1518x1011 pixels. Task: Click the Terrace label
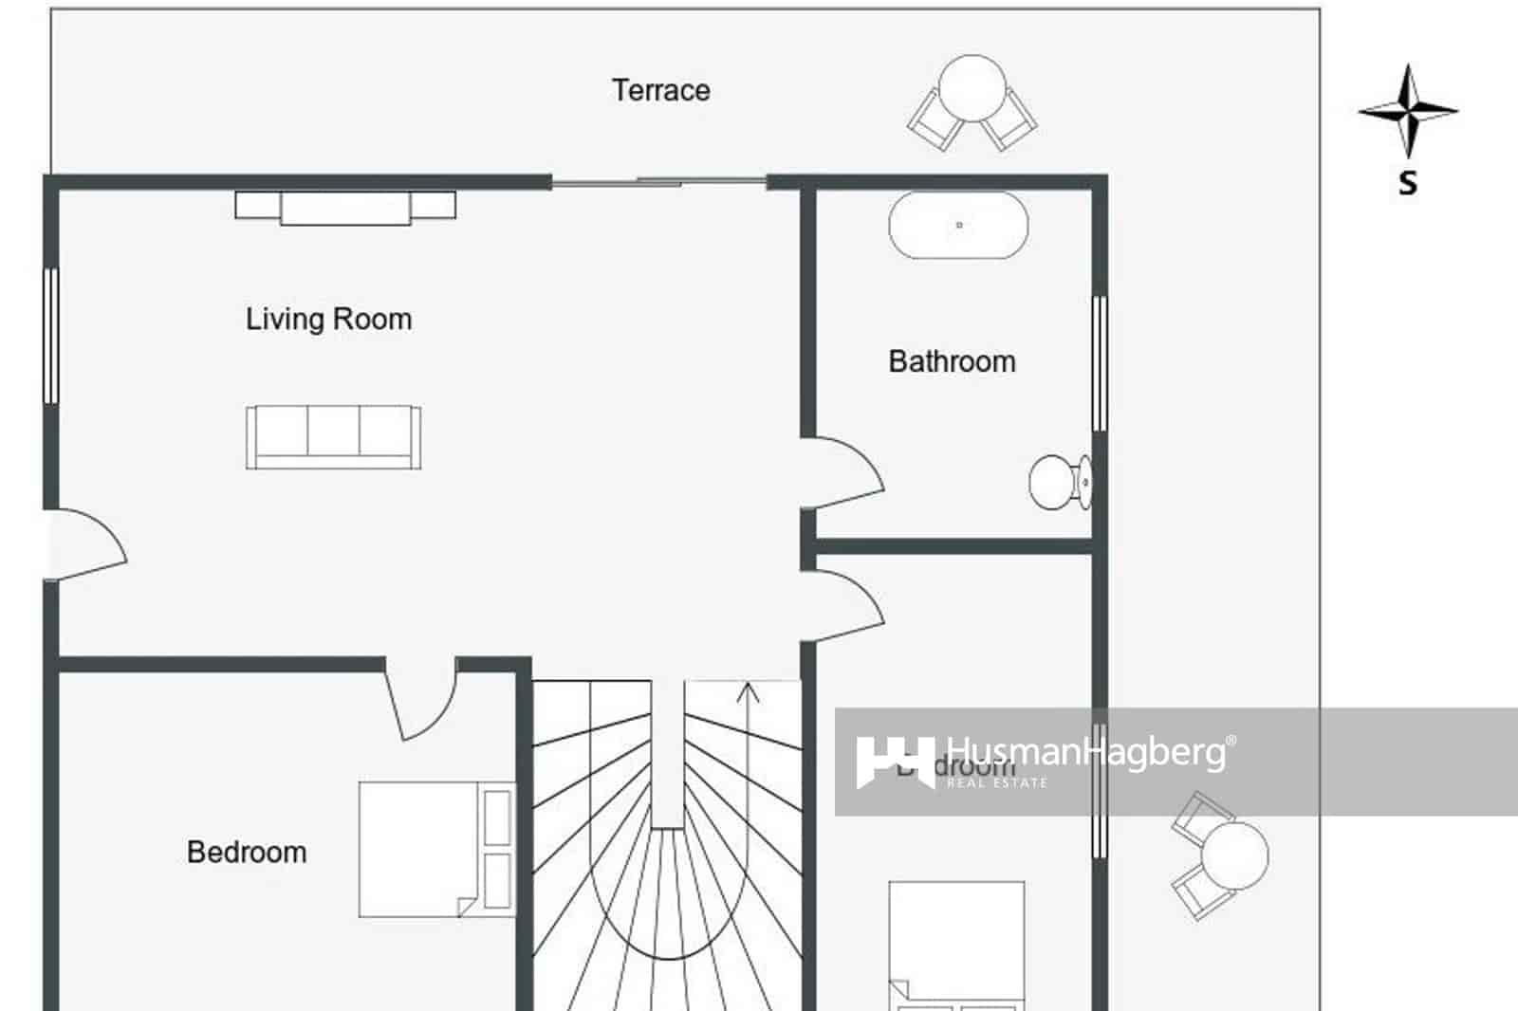coord(660,90)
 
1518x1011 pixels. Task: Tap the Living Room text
coord(328,319)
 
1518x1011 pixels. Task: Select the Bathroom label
coord(952,361)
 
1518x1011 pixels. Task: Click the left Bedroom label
coord(247,852)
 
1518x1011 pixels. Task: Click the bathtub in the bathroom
coord(958,226)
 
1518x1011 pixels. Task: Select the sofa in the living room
coord(333,436)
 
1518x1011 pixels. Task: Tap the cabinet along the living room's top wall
coord(345,207)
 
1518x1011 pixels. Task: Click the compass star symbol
coord(1408,111)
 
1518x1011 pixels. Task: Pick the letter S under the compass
coord(1408,182)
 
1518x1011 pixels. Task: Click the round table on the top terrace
coord(972,87)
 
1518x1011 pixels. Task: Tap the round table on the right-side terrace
coord(1234,855)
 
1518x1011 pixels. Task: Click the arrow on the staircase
coord(749,694)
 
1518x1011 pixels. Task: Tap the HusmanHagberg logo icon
coord(894,761)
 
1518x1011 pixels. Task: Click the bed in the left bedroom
coord(435,849)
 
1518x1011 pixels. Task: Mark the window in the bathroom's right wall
coord(1100,363)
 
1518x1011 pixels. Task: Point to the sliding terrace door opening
coord(659,181)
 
